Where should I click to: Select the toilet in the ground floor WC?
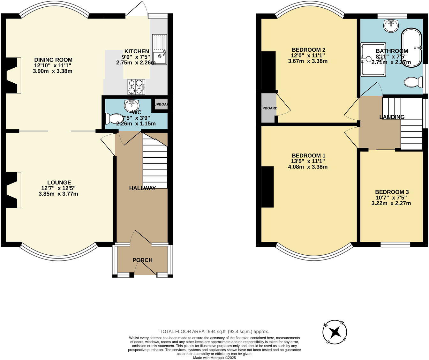point(112,119)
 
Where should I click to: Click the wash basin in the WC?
point(132,104)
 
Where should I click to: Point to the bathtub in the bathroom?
point(412,48)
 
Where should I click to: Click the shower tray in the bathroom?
point(373,60)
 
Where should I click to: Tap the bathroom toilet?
point(413,82)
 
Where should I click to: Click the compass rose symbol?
point(335,332)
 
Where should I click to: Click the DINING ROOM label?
point(53,60)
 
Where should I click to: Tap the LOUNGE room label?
point(59,183)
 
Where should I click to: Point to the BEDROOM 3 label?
point(392,192)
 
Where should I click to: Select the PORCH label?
point(142,260)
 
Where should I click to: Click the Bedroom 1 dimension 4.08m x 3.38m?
point(308,167)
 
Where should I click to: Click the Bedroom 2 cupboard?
point(268,108)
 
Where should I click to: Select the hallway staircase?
point(155,163)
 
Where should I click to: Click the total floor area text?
point(214,331)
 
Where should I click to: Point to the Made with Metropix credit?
point(214,358)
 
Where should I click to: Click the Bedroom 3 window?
point(395,245)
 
